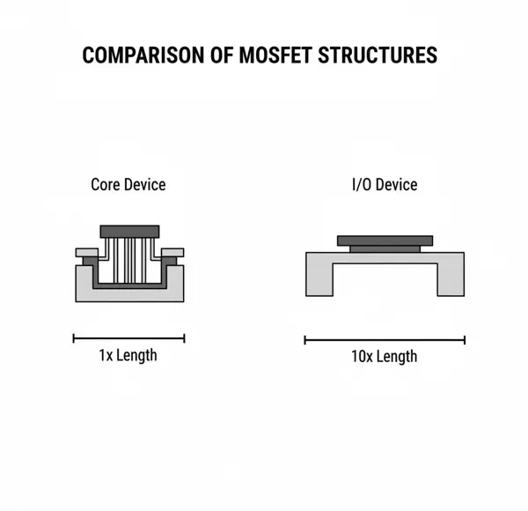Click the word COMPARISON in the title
click(144, 56)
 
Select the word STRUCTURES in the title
click(384, 56)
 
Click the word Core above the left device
click(105, 185)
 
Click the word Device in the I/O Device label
click(397, 185)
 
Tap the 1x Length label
click(128, 355)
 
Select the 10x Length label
click(385, 356)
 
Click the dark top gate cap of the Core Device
click(129, 231)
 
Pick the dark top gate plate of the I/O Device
click(385, 240)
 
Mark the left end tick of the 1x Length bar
click(74, 337)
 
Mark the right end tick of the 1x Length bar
click(184, 337)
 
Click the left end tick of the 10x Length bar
click(305, 339)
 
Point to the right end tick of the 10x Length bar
click(465, 339)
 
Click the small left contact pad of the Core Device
click(86, 252)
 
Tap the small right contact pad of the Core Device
click(173, 252)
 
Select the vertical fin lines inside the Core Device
click(129, 260)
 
